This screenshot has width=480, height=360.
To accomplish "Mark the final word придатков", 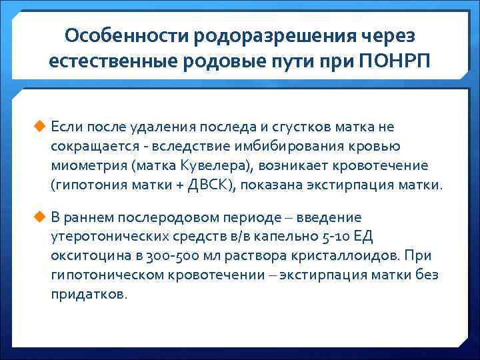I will (x=88, y=294).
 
